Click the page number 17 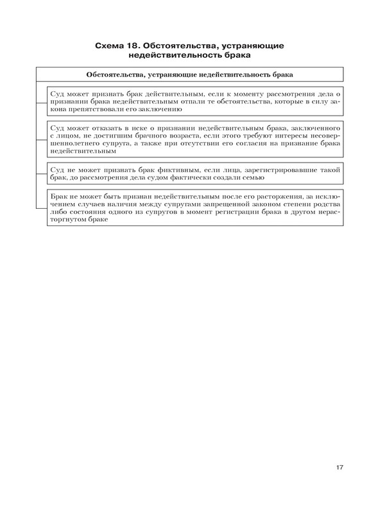[x=339, y=467]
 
